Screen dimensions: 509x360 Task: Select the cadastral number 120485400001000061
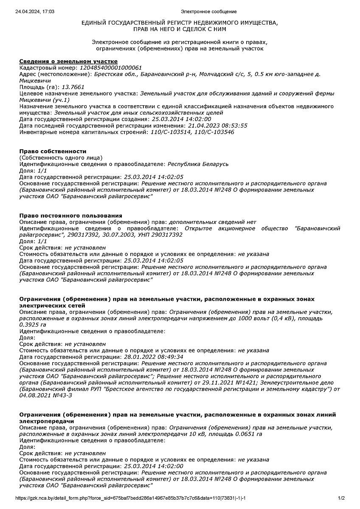point(111,68)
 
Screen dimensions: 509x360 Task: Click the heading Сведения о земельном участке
point(68,62)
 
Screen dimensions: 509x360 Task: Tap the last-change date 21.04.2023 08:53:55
point(217,126)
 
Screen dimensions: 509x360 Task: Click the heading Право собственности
point(53,151)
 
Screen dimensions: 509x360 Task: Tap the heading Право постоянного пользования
point(71,215)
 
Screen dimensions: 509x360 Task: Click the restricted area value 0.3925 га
point(33,324)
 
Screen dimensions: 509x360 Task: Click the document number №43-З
point(62,395)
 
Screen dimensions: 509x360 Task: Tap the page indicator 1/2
point(341,498)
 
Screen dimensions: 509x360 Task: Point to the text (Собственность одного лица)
point(61,157)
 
